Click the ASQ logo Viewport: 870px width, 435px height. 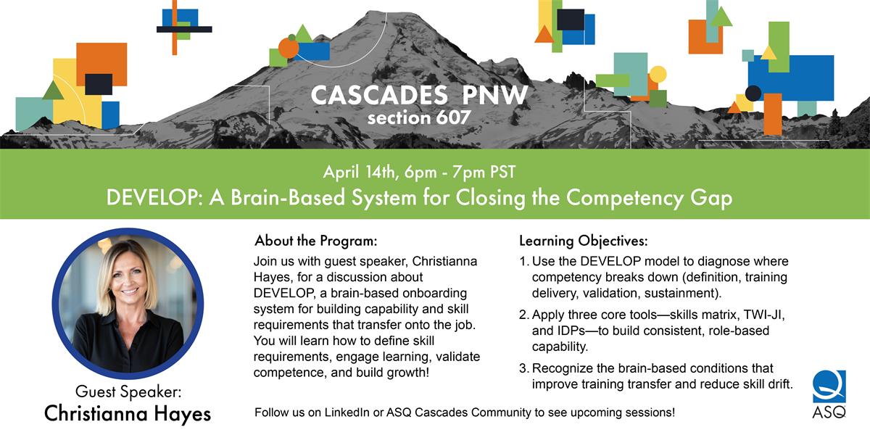coord(829,394)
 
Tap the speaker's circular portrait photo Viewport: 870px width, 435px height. coord(128,303)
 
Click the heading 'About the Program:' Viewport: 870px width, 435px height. coord(316,241)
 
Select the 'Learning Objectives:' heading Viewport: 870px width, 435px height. coord(584,241)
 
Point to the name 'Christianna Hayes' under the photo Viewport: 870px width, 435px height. coord(128,413)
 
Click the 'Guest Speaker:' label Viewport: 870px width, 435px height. coord(128,391)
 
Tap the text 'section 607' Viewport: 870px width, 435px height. coord(419,117)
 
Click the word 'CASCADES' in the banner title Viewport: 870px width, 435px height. coord(379,95)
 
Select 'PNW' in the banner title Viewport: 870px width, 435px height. coord(494,95)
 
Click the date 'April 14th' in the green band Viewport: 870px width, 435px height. coord(360,172)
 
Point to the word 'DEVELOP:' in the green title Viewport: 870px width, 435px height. coord(154,197)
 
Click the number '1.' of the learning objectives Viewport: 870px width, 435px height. coord(524,262)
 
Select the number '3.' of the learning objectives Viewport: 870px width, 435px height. coord(524,368)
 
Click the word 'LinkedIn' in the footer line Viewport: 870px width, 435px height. coord(347,413)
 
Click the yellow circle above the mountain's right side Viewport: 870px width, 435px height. coord(658,74)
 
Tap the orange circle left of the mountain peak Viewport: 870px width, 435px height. coord(289,48)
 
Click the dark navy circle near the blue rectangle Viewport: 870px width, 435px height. coord(753,94)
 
